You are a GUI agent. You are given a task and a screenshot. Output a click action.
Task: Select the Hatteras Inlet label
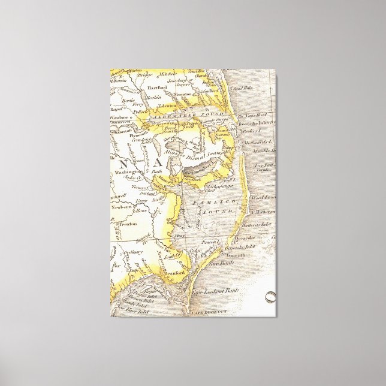tap(258, 225)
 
